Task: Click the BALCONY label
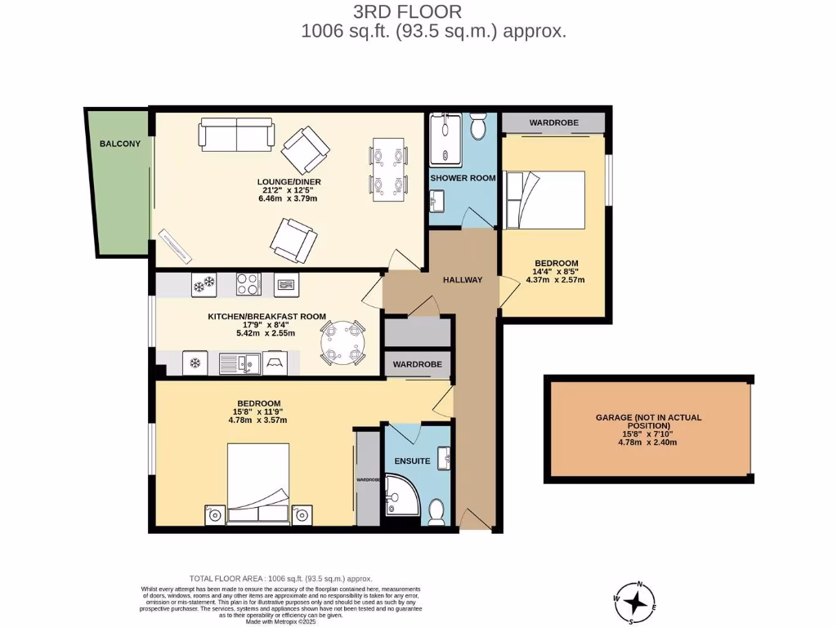pyautogui.click(x=120, y=144)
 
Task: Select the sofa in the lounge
pyautogui.click(x=238, y=134)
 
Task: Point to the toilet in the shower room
pyautogui.click(x=479, y=127)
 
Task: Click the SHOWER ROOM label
pyautogui.click(x=463, y=178)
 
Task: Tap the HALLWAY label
pyautogui.click(x=463, y=280)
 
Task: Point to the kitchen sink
pyautogui.click(x=239, y=362)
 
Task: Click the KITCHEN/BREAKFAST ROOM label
pyautogui.click(x=267, y=317)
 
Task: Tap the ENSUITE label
pyautogui.click(x=414, y=461)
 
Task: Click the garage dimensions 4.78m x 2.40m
pyautogui.click(x=648, y=442)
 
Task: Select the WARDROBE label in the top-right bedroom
pyautogui.click(x=553, y=122)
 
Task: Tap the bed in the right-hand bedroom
pyautogui.click(x=545, y=199)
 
